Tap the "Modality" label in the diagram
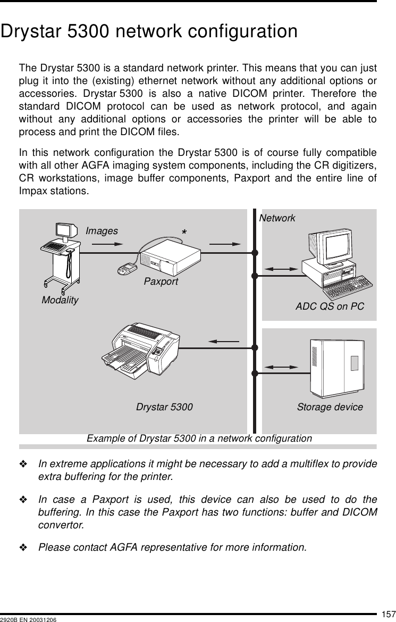point(60,300)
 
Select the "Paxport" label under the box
point(161,281)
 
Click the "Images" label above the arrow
point(102,231)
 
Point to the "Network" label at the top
point(277,218)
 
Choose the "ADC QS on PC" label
point(330,306)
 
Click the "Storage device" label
point(330,407)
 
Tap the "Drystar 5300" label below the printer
point(164,407)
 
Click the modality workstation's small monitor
point(66,230)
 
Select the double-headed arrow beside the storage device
point(281,367)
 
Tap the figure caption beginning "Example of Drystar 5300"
point(199,438)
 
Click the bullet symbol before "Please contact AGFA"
point(24,546)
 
